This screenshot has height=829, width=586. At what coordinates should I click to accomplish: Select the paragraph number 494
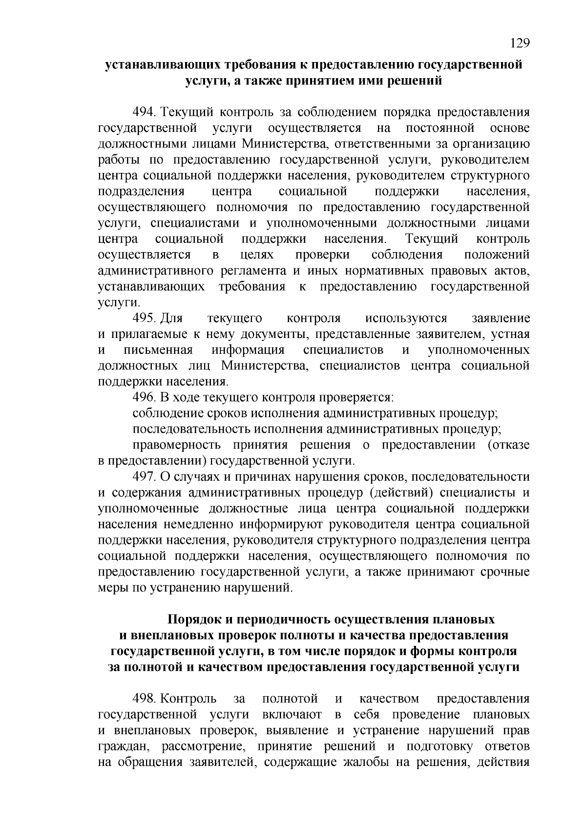point(144,112)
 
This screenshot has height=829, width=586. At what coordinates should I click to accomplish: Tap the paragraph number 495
point(144,319)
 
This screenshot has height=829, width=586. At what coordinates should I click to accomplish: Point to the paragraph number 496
point(144,398)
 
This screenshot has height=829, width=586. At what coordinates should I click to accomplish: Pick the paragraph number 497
point(144,477)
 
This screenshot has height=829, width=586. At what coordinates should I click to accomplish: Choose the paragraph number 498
point(144,699)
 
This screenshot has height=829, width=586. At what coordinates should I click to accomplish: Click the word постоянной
point(440,128)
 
